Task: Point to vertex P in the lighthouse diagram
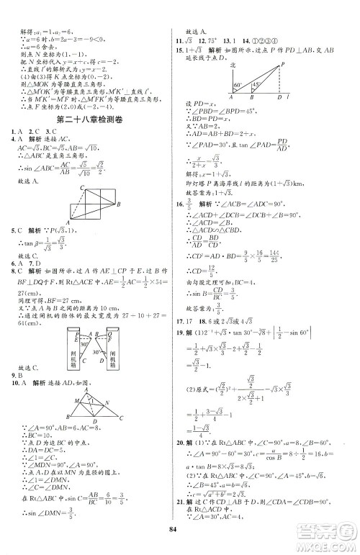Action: click(x=300, y=63)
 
